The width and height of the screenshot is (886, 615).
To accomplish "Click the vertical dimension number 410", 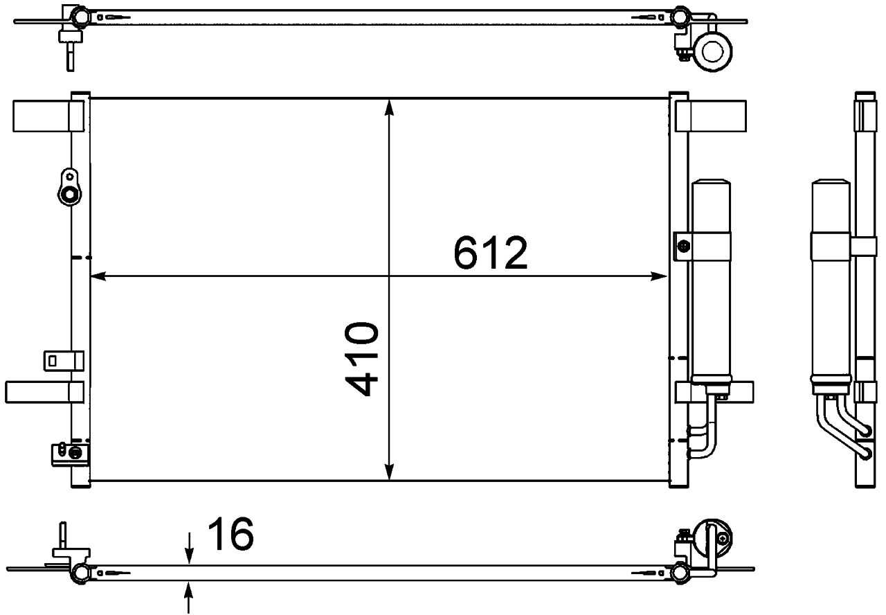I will pos(363,358).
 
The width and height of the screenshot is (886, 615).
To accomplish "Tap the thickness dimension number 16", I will pos(230,534).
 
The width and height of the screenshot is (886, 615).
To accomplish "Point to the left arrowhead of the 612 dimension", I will pos(98,276).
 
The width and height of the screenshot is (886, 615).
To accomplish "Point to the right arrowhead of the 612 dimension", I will pos(661,276).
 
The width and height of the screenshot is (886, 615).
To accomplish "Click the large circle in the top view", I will pos(712,51).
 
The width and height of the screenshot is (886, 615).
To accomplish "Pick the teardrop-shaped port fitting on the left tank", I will pos(69,187).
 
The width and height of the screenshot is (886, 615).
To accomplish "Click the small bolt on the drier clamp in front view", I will pos(684,245).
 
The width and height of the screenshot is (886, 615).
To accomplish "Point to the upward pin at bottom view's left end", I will pos(62,534).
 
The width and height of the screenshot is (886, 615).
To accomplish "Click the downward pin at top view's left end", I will pos(69,57).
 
